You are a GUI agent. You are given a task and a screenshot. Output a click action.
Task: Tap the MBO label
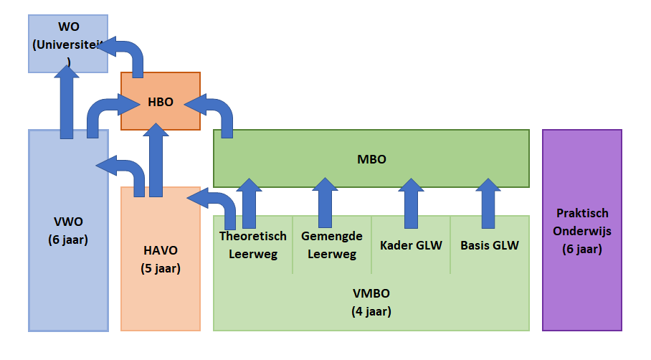[x=371, y=159]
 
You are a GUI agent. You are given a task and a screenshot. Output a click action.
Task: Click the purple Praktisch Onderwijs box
[x=582, y=231]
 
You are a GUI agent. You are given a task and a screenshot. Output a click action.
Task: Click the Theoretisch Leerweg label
[x=253, y=245]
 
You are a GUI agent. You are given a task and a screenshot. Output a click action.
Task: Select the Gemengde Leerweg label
[x=332, y=245]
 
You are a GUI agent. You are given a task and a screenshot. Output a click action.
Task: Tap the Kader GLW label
[x=411, y=245]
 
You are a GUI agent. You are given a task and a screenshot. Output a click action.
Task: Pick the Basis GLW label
[x=490, y=245]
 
